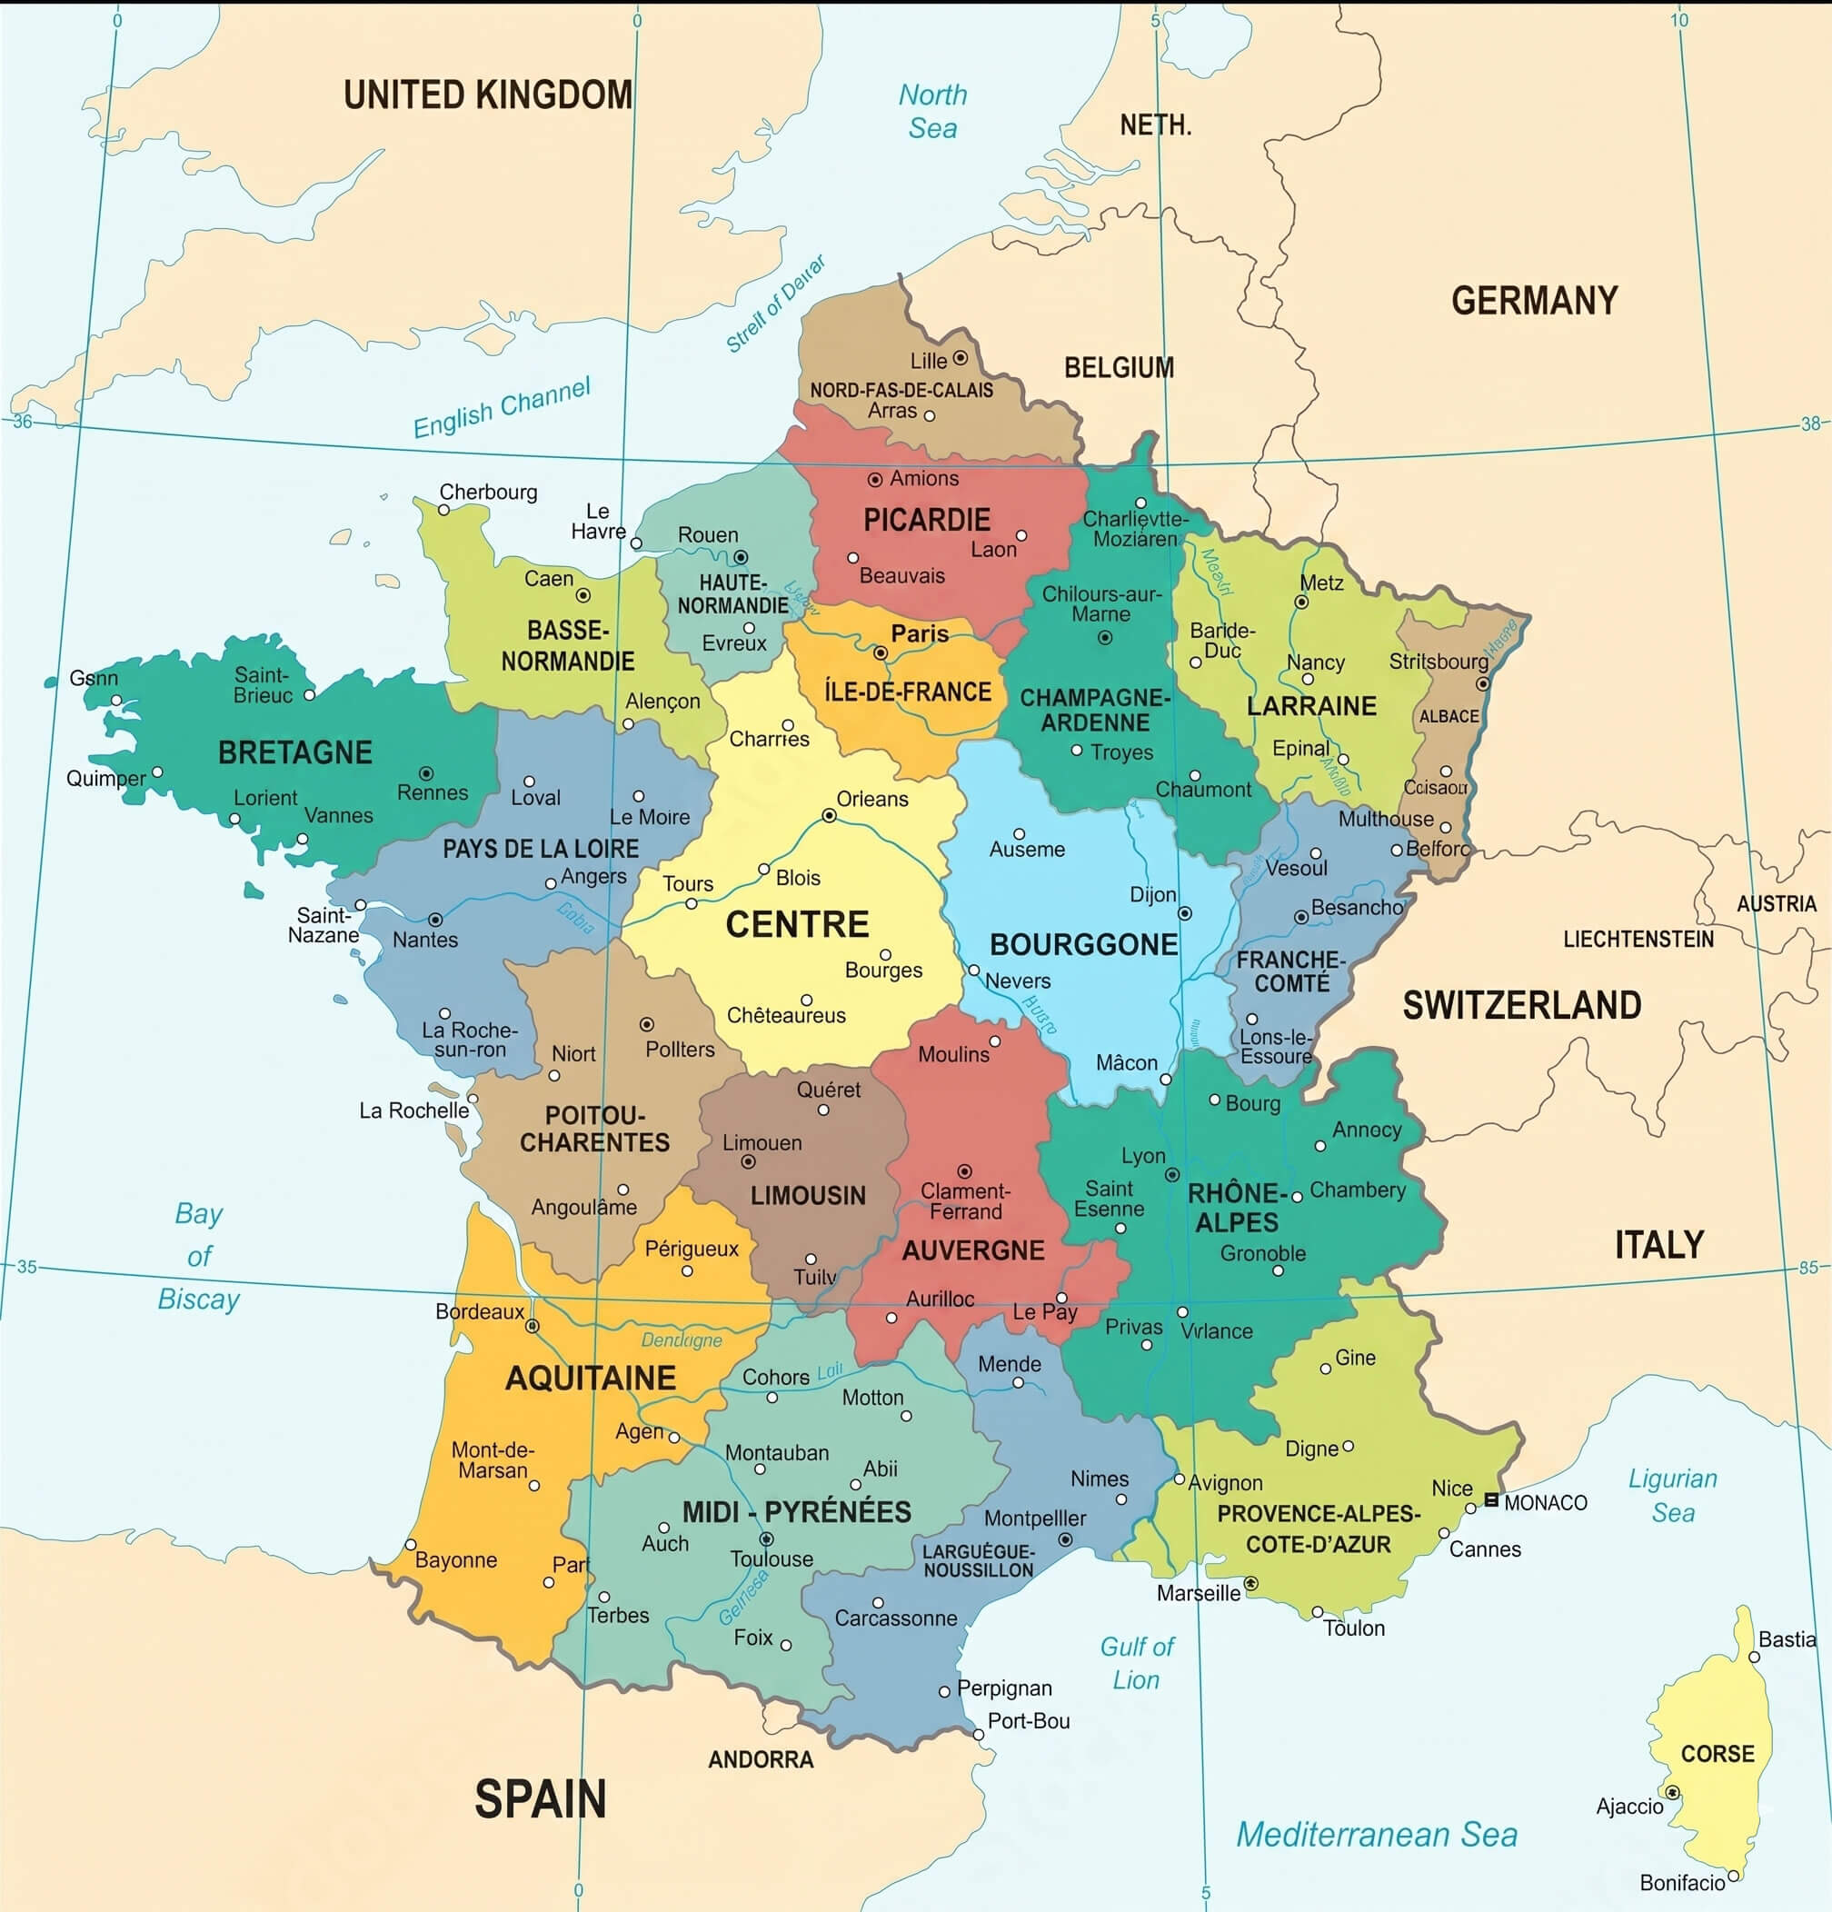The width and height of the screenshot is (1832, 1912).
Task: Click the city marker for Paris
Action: (880, 652)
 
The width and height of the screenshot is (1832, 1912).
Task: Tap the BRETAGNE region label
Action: (294, 752)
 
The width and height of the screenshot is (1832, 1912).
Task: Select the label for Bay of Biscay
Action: (199, 1256)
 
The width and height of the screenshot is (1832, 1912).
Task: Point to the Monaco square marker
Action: (1490, 1499)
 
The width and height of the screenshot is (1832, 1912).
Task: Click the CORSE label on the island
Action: (1717, 1753)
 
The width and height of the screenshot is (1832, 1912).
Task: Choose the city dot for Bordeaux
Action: (533, 1326)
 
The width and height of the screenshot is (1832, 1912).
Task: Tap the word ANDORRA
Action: (760, 1758)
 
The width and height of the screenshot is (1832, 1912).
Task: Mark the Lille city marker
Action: (960, 358)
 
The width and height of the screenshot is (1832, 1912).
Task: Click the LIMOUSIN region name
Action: (808, 1195)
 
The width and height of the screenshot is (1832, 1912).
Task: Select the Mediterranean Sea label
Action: (1377, 1834)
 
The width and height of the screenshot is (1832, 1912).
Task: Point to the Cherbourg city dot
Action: (443, 509)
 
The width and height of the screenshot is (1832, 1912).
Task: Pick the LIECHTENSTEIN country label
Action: (1638, 939)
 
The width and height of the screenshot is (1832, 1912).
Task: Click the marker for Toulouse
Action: (767, 1539)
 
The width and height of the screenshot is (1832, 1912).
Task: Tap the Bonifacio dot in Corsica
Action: (1734, 1875)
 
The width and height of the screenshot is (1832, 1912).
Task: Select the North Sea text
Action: (932, 111)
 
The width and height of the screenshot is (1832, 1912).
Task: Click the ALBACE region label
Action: (1449, 716)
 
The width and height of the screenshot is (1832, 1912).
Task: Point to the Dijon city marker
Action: (1184, 913)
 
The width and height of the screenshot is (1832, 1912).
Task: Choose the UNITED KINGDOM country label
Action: (488, 95)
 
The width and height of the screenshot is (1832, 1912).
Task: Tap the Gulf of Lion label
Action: (1137, 1663)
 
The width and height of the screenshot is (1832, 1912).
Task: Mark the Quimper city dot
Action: (157, 772)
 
